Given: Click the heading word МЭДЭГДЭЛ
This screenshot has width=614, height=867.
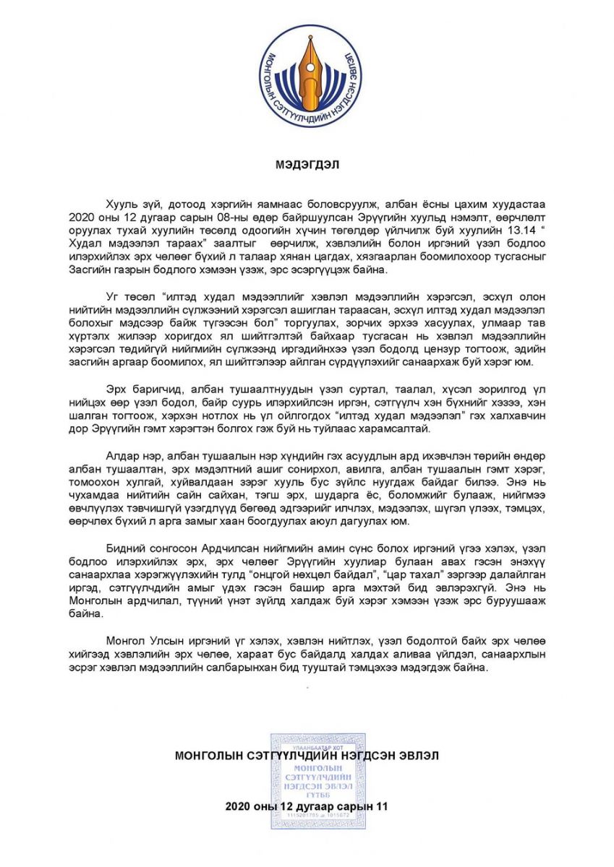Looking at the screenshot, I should (x=307, y=164).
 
